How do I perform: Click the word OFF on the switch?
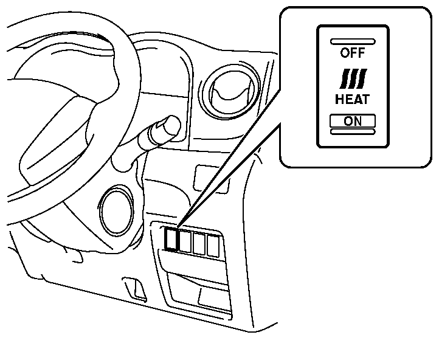353,53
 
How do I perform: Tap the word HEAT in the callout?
353,98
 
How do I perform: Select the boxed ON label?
353,120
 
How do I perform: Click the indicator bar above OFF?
353,41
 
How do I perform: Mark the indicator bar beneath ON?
353,131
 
